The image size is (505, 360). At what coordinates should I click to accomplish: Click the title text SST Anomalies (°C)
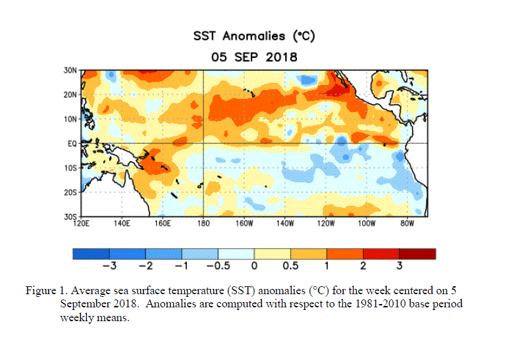pyautogui.click(x=253, y=36)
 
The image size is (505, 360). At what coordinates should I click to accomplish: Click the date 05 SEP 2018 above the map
pyautogui.click(x=253, y=57)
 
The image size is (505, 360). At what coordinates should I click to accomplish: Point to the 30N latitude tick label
pyautogui.click(x=71, y=70)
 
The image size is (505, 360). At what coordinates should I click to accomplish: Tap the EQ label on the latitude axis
pyautogui.click(x=73, y=143)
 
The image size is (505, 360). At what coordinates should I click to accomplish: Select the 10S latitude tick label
pyautogui.click(x=71, y=167)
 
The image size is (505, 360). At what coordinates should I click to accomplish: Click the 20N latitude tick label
pyautogui.click(x=71, y=95)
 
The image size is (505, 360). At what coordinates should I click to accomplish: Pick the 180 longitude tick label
pyautogui.click(x=203, y=224)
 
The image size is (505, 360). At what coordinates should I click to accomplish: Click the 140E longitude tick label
pyautogui.click(x=122, y=224)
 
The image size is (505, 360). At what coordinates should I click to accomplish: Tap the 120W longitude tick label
pyautogui.click(x=325, y=224)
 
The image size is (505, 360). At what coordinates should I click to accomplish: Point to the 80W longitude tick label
pyautogui.click(x=407, y=224)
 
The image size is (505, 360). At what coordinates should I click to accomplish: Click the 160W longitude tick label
pyautogui.click(x=244, y=224)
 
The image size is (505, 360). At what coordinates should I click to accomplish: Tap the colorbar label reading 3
pyautogui.click(x=399, y=267)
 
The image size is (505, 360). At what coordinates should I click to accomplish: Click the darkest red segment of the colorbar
pyautogui.click(x=417, y=253)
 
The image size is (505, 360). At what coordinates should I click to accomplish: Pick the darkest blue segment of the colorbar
pyautogui.click(x=90, y=253)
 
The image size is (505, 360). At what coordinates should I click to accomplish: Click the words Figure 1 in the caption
pyautogui.click(x=45, y=290)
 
